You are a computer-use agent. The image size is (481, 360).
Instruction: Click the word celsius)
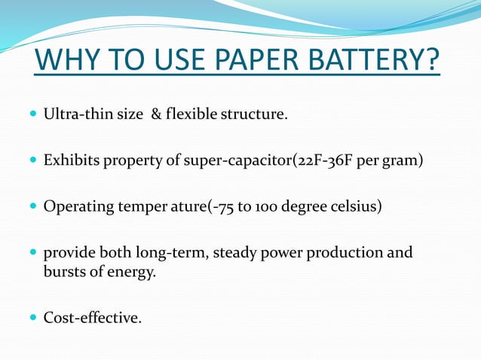pyautogui.click(x=355, y=206)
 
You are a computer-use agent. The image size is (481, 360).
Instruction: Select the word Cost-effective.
pyautogui.click(x=93, y=318)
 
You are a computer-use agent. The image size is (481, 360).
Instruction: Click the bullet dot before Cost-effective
pyautogui.click(x=32, y=317)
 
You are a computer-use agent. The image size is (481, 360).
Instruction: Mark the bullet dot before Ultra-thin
pyautogui.click(x=32, y=114)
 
